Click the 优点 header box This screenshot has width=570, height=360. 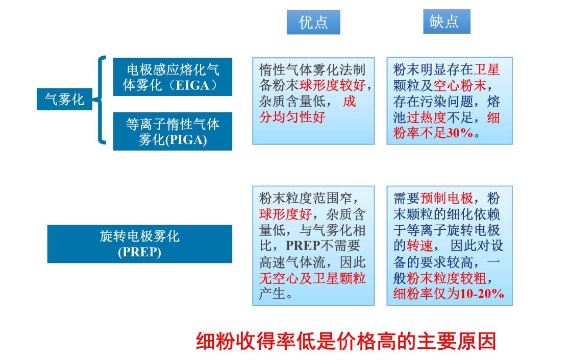point(313,22)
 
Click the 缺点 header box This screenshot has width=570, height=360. point(447,21)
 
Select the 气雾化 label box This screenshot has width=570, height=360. point(64,99)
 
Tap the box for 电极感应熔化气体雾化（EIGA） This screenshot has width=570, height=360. point(172,77)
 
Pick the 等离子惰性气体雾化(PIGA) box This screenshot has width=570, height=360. point(172,131)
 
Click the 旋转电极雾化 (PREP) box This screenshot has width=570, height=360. point(140,244)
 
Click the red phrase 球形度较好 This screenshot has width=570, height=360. point(333,85)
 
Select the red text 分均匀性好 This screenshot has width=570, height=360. point(292,117)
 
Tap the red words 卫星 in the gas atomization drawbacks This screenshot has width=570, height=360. point(487,69)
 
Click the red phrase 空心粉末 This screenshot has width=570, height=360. point(460,85)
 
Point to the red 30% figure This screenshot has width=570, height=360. point(460,133)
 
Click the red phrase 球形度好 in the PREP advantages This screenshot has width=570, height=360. point(285,214)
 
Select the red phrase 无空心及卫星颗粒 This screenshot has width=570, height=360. point(312,278)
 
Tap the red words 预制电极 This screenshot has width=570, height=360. point(447,198)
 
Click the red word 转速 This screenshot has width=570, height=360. point(420,246)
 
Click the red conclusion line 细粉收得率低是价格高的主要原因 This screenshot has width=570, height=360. point(346,341)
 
